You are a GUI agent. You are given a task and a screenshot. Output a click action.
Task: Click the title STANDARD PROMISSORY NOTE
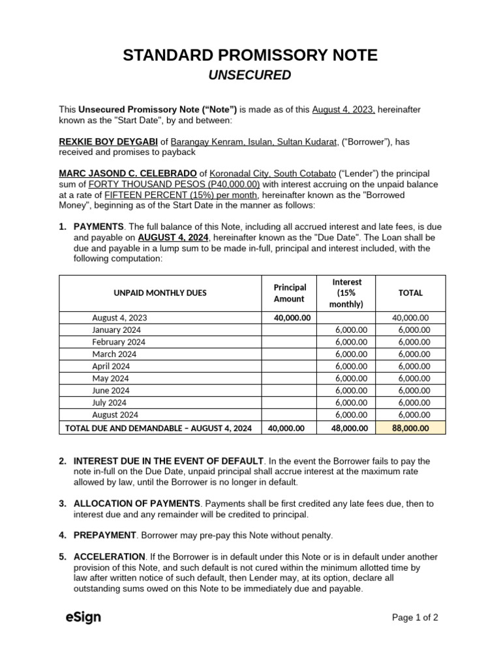250,55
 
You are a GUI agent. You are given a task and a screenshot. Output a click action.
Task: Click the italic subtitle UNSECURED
250,76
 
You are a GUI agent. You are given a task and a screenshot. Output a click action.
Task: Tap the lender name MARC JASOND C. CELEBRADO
128,173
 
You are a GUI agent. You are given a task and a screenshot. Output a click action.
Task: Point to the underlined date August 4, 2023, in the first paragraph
343,109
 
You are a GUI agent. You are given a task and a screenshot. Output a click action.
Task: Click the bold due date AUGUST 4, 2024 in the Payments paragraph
174,238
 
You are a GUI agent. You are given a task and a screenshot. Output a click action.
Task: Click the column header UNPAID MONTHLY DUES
160,293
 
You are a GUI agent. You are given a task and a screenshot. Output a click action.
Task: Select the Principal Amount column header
290,293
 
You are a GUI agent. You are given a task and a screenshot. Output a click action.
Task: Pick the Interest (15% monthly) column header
347,293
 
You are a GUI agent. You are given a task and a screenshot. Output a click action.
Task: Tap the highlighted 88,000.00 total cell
410,428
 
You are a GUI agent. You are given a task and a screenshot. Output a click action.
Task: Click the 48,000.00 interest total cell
347,428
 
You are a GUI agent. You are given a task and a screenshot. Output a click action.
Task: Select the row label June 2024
111,390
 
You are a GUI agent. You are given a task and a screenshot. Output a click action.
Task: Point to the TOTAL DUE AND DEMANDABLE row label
159,428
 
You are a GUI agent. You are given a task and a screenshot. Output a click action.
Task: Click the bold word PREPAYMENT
104,535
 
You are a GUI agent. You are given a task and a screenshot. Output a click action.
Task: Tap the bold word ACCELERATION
110,557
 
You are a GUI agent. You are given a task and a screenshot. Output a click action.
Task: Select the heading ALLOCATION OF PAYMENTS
137,504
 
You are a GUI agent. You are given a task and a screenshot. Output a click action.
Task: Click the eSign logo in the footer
83,617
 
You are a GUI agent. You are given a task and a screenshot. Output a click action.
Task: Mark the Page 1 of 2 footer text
414,617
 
